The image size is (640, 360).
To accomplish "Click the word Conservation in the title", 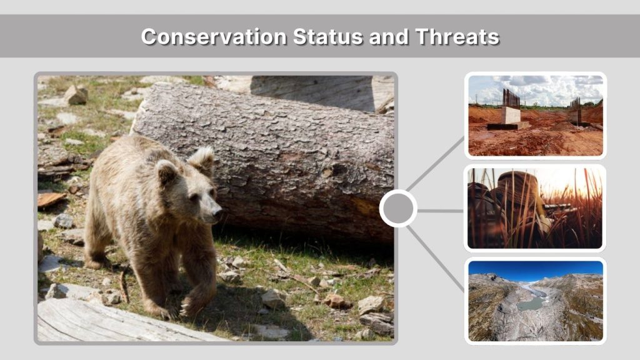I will coord(213,36).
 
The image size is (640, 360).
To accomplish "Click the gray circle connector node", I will coord(398,209).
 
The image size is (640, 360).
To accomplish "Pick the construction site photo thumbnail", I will coord(536,116).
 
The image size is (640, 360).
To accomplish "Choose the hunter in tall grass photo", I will coord(536,208).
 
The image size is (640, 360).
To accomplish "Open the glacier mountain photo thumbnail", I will coord(536,301).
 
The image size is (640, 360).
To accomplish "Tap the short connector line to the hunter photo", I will coord(440,211).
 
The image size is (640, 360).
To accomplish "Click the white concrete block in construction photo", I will coord(511,115).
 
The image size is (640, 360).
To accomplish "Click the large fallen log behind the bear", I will coord(281,156).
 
